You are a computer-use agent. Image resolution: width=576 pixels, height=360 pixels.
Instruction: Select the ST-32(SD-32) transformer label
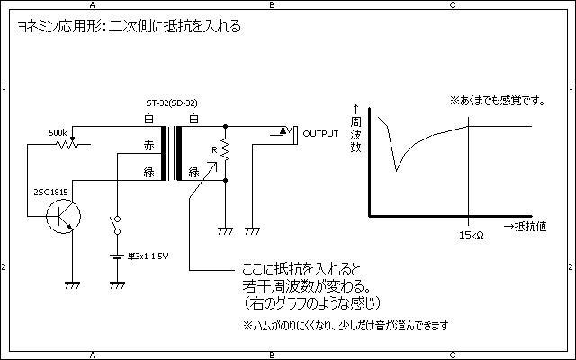pyautogui.click(x=173, y=104)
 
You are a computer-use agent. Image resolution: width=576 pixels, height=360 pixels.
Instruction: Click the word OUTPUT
pyautogui.click(x=321, y=133)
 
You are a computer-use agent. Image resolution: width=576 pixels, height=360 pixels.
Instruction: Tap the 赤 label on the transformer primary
pyautogui.click(x=149, y=145)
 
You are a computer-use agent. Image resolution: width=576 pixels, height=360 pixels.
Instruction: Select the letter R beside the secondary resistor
pyautogui.click(x=212, y=148)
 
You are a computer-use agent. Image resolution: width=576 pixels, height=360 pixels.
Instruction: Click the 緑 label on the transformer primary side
pyautogui.click(x=149, y=172)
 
